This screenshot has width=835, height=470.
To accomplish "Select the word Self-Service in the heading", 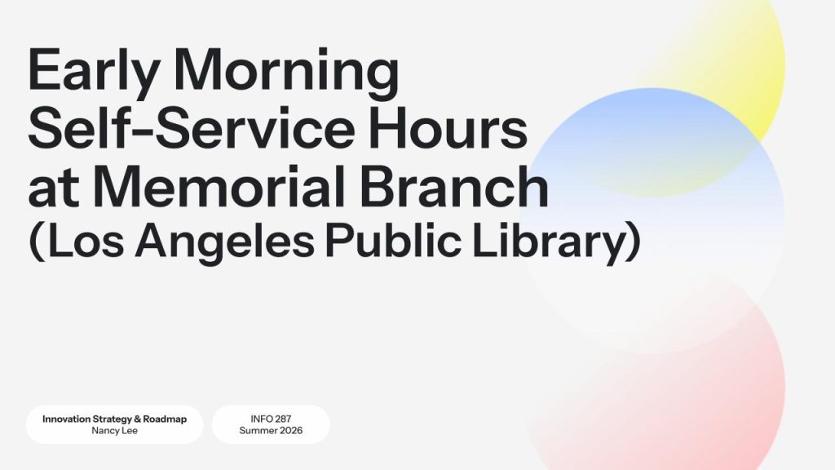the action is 191,128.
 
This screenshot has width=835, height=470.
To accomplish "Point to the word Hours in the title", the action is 448,128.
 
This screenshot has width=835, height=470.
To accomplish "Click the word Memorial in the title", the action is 219,186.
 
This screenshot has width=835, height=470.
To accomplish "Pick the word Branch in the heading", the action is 454,186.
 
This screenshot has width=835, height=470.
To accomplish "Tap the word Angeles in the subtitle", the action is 224,242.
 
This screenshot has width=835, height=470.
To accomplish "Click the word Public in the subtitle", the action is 393,240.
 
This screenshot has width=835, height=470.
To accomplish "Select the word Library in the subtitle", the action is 552,242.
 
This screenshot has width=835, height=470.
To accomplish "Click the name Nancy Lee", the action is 114,431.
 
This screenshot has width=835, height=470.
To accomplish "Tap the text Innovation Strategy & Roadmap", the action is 114,419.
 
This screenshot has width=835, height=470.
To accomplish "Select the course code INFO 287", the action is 271,419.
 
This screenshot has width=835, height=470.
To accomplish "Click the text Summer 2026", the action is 271,431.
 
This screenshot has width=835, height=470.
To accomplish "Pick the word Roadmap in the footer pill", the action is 165,419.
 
